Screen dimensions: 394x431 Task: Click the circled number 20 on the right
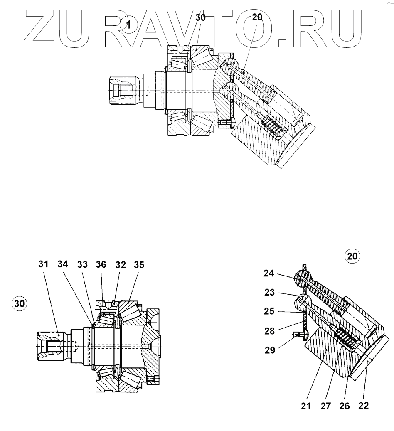(x=352, y=256)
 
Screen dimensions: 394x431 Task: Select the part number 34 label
(x=63, y=264)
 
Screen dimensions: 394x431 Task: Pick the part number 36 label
(x=101, y=264)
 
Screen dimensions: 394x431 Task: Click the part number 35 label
(x=139, y=264)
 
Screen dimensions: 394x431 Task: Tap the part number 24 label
(x=269, y=273)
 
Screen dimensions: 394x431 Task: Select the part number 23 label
(x=269, y=292)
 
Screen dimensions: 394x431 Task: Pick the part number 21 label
(x=306, y=406)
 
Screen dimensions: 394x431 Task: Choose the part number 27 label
(x=325, y=406)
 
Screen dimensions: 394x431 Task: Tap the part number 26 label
(x=344, y=406)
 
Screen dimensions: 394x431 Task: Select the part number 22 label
(x=363, y=406)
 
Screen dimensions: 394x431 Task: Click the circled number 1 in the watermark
(x=128, y=25)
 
